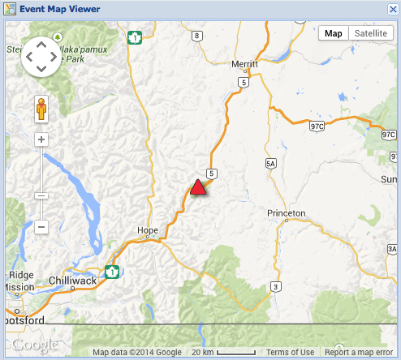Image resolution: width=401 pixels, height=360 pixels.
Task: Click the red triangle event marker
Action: click(197, 187)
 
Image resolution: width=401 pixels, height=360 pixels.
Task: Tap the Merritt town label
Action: click(244, 62)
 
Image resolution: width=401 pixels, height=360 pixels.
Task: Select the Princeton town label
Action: click(286, 212)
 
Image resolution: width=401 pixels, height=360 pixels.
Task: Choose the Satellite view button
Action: click(370, 33)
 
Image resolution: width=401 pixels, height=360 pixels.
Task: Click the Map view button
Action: click(333, 33)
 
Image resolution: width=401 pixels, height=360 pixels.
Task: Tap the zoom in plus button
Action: click(41, 139)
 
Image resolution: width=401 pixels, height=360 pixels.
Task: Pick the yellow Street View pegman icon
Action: click(41, 108)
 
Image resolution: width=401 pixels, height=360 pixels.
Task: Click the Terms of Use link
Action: click(290, 352)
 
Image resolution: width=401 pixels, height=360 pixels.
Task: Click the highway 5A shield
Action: click(271, 164)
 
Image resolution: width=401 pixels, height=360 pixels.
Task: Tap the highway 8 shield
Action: click(196, 36)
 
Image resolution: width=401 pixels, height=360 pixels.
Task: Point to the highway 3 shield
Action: click(276, 285)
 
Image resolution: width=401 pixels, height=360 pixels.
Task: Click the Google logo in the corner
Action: click(34, 344)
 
